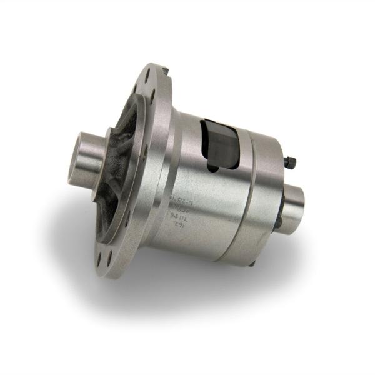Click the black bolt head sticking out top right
(x=289, y=162)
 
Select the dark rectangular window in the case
(x=220, y=144)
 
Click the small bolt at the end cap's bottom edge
(x=251, y=263)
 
